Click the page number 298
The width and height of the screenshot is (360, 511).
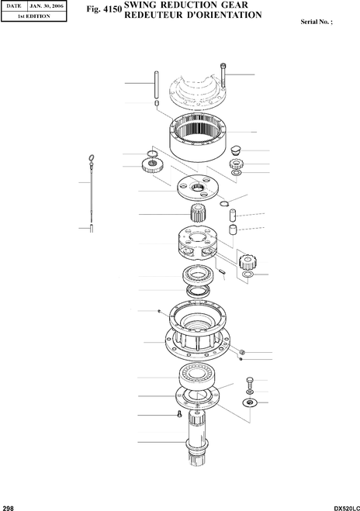[9, 508]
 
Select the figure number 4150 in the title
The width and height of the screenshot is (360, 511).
[112, 9]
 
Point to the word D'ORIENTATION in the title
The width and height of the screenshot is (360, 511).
[223, 15]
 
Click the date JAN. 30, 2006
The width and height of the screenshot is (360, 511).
[47, 6]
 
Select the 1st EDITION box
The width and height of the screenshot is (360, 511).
[34, 16]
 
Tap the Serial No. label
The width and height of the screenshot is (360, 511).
[317, 22]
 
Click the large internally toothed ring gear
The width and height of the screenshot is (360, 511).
[198, 137]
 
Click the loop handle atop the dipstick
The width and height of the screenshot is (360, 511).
[92, 158]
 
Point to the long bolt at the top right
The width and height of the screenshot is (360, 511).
[223, 75]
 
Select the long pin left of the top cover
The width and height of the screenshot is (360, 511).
[157, 85]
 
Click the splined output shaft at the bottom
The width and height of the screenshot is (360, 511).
[197, 437]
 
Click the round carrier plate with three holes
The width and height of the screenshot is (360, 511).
[196, 188]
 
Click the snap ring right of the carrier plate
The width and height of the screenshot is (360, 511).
[224, 204]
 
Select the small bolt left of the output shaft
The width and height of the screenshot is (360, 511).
[179, 414]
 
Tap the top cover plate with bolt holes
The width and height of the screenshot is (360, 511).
[198, 90]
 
